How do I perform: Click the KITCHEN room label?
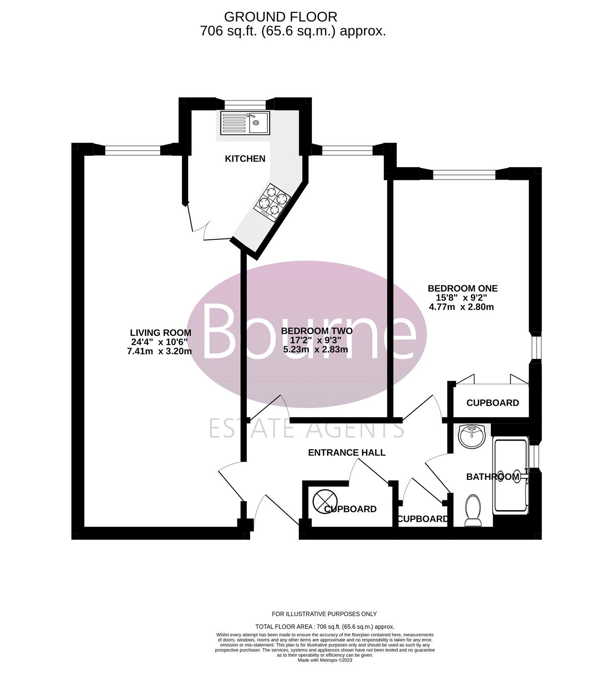(245, 159)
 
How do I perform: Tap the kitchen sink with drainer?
(245, 122)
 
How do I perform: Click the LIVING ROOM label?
(161, 333)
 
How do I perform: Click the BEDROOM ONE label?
(462, 288)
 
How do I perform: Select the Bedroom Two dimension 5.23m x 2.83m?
(315, 349)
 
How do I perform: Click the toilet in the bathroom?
(473, 510)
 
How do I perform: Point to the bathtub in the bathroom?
(511, 475)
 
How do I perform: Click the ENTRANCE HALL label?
(347, 453)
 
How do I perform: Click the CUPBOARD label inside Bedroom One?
(492, 403)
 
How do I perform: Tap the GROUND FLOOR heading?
(281, 17)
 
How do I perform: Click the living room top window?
(133, 150)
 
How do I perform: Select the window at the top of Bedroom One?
(464, 174)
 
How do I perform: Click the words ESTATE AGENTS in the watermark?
(307, 428)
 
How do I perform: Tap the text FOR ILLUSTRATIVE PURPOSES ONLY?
(324, 614)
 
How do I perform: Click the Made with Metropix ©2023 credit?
(325, 660)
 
